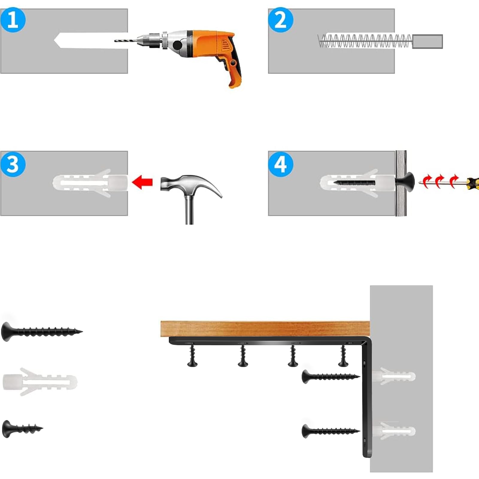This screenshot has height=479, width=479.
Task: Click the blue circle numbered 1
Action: point(13,20)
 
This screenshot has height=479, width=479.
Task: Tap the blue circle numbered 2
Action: point(281,20)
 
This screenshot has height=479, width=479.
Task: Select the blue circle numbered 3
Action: point(13,164)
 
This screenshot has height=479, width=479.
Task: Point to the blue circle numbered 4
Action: point(281,164)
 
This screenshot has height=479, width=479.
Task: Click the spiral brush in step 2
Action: point(365,41)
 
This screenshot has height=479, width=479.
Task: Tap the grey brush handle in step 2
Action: point(428,41)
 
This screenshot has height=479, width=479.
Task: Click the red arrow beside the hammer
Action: point(143,182)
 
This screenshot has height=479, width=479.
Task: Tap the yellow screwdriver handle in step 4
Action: point(473,182)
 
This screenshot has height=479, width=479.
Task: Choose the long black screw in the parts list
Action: point(42,331)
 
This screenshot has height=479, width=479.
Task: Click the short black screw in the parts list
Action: point(22,429)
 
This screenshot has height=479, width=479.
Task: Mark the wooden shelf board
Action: point(265,329)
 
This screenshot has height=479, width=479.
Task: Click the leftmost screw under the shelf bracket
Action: point(192,356)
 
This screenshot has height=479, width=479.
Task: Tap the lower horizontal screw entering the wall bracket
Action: point(331,431)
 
